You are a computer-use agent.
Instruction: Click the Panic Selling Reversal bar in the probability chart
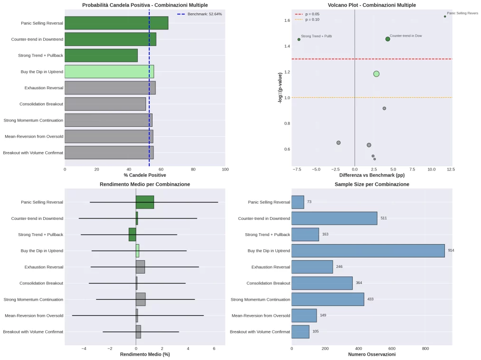coord(116,23)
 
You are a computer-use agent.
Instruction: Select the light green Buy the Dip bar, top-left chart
coord(109,72)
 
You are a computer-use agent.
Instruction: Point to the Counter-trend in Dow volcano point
coord(387,39)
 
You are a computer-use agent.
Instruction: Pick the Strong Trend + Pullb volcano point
coord(299,39)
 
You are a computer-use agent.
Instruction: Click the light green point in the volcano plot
coord(376,74)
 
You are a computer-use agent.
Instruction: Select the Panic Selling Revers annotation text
coord(462,13)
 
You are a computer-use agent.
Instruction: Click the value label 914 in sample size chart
coord(451,250)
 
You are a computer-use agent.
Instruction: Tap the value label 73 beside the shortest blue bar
coord(309,202)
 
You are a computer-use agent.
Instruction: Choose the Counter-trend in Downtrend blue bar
coord(334,218)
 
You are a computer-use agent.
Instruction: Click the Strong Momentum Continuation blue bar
coord(327,299)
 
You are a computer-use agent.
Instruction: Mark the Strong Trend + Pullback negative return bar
coord(132,235)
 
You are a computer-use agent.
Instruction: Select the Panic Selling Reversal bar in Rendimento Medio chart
coord(144,202)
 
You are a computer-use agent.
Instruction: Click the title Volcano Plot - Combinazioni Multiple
coord(371,5)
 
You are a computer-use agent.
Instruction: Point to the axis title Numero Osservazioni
coord(371,354)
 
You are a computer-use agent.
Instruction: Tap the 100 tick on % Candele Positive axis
coord(225,169)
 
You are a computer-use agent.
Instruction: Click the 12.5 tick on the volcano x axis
coord(451,169)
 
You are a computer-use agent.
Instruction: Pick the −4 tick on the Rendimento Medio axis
coord(84,349)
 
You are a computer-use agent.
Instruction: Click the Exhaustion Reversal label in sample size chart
coord(270,267)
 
